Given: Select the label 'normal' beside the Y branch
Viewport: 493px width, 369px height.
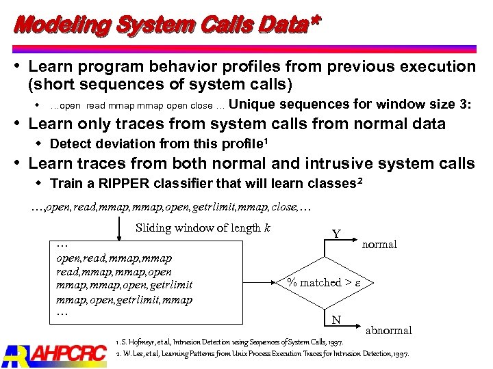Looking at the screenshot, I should tap(379, 245).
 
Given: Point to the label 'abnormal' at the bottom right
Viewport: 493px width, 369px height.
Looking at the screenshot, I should tap(389, 330).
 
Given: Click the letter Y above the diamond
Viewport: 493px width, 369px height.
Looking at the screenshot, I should tap(336, 234).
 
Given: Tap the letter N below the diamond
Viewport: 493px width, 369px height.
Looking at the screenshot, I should tap(336, 320).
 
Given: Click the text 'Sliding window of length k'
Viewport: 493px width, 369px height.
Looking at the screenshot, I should tap(203, 228).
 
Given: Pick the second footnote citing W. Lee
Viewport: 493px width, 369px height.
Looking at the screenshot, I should tap(263, 354).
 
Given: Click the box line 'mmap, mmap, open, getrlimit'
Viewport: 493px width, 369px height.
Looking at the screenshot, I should tap(124, 285).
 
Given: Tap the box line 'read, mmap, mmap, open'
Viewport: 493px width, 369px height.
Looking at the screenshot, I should tap(114, 271).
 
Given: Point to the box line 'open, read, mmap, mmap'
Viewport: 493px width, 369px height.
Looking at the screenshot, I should tap(114, 258).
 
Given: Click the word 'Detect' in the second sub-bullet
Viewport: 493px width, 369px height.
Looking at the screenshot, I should tap(68, 143).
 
